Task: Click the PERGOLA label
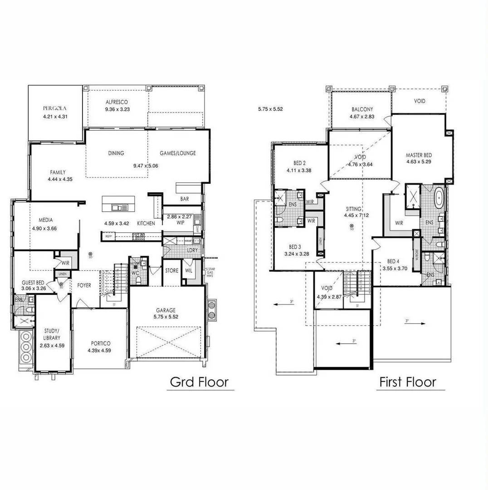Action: coord(55,108)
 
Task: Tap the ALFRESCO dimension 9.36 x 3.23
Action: coord(118,109)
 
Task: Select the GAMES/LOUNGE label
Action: coord(178,153)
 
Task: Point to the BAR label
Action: coord(185,199)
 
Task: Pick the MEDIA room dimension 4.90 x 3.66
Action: coord(44,229)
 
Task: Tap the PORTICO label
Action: coord(99,343)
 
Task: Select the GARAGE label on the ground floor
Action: coord(166,310)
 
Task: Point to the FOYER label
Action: coord(84,286)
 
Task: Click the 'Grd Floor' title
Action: coord(199,382)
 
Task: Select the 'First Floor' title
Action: coord(407,382)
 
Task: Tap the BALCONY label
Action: coord(362,109)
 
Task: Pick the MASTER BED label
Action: coord(418,156)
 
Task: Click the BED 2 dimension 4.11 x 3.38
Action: coord(298,171)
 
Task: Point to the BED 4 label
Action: coord(394,261)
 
